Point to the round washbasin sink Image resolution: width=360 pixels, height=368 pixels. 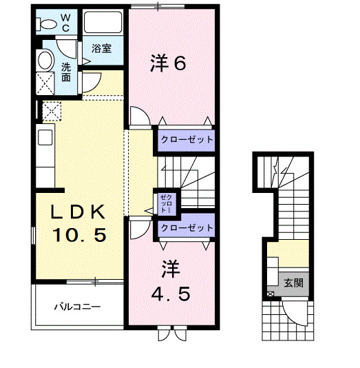pyautogui.click(x=46, y=60)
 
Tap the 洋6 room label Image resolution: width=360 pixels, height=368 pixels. pyautogui.click(x=168, y=63)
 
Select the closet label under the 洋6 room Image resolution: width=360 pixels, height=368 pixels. pyautogui.click(x=187, y=139)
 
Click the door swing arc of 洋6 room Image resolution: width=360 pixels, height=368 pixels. pyautogui.click(x=138, y=116)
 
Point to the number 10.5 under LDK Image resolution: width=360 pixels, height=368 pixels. pyautogui.click(x=80, y=236)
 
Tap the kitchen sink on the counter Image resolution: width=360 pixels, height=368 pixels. pyautogui.click(x=45, y=138)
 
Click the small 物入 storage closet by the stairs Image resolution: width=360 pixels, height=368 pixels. pyautogui.click(x=167, y=202)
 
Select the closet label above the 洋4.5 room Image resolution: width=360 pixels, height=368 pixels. pyautogui.click(x=187, y=227)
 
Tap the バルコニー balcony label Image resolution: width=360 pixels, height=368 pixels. pyautogui.click(x=78, y=306)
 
